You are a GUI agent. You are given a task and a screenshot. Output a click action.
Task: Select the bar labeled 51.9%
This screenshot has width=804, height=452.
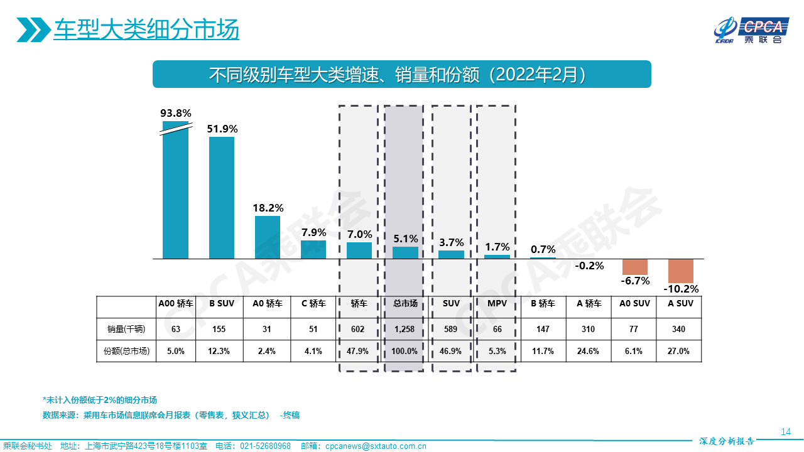coord(221,198)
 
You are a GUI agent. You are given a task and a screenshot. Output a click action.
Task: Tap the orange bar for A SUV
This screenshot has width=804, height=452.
coord(680,271)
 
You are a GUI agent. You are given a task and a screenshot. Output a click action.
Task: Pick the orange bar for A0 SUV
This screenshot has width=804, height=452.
coord(634,267)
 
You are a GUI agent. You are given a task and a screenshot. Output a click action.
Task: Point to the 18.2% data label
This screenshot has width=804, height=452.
coord(267,208)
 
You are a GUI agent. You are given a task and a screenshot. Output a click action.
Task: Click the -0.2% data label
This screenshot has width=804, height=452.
coord(589,266)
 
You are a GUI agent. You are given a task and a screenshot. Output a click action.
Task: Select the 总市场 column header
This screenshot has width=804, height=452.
coord(405,304)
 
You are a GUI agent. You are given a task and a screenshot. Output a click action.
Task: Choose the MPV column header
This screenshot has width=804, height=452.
coord(497,304)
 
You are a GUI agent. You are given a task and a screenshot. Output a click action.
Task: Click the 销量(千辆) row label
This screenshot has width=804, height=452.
coord(126,328)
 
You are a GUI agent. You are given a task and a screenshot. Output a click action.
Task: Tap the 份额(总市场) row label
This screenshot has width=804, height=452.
coord(126,351)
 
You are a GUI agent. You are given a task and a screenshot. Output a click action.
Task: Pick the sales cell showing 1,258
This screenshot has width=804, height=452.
coord(405,328)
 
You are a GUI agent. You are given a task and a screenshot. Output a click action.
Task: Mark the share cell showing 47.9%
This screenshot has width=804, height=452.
coord(359,351)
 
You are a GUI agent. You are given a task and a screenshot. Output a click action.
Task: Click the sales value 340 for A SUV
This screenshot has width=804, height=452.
coord(678,328)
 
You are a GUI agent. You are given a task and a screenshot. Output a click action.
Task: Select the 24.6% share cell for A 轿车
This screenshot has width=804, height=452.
coord(589,351)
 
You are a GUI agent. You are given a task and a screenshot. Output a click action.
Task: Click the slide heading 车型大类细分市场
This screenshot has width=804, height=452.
coord(146,30)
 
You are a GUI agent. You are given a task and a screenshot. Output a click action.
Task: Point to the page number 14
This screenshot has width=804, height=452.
coord(785,431)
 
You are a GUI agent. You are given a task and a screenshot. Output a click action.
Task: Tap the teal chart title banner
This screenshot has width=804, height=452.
coord(401,74)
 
